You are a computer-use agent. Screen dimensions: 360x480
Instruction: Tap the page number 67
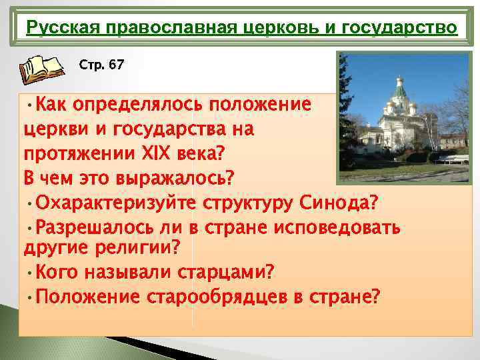tap(116, 65)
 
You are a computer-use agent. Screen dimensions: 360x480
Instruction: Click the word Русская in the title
tap(55, 29)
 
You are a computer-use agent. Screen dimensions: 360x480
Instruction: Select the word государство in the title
tap(409, 29)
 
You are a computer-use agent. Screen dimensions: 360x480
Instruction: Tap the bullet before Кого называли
tap(30, 273)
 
